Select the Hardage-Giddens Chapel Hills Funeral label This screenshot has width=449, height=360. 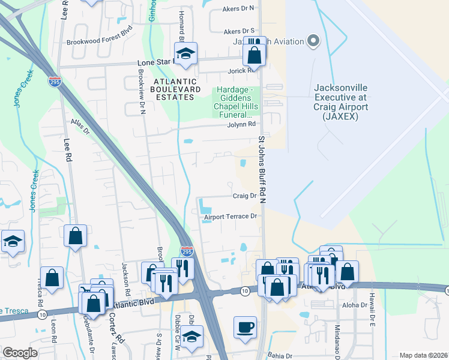(x=238, y=102)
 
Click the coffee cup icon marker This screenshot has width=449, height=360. (x=245, y=328)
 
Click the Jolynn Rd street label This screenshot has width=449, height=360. (x=242, y=124)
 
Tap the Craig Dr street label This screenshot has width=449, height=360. (x=244, y=196)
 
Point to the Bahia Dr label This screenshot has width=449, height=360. (x=280, y=355)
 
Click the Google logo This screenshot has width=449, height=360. (x=20, y=353)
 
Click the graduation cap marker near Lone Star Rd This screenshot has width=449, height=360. (x=186, y=53)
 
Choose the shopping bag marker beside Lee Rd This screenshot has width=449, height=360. (x=76, y=236)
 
